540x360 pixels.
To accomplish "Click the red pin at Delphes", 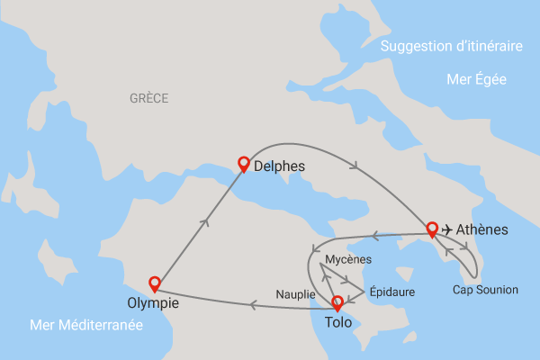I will point(242,164).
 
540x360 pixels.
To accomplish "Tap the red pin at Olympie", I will point(155,283).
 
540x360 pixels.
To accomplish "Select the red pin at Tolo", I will point(337,303).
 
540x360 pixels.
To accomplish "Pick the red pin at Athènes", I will point(432,229).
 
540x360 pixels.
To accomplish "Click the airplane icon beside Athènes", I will point(447,230).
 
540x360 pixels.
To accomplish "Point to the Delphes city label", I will point(280,166).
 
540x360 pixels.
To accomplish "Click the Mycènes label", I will point(347,259).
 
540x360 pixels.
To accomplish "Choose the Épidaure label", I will point(392,292).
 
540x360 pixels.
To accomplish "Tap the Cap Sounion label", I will point(485,290).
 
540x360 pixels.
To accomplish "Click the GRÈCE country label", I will point(148,98).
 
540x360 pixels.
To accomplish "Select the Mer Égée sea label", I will point(476,79).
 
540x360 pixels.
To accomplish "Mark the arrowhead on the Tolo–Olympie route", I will point(255,306).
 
